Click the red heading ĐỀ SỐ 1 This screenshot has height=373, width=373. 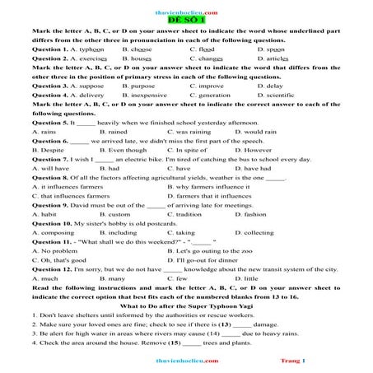click(187, 19)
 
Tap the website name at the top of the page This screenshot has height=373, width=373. click(187, 6)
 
